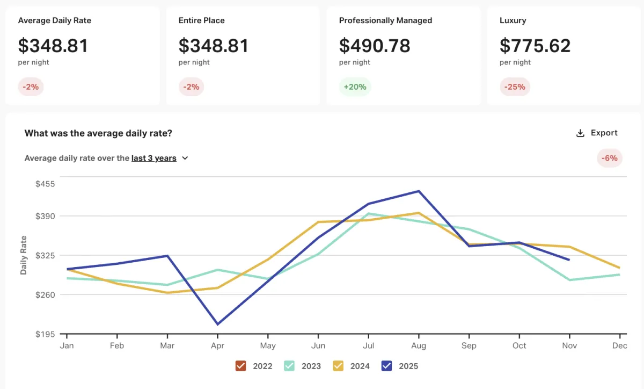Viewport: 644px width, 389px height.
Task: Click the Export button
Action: point(596,133)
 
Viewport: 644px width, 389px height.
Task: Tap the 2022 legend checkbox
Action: point(240,366)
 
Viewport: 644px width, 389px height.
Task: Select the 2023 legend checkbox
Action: point(289,366)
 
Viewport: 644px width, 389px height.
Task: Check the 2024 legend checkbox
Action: point(338,366)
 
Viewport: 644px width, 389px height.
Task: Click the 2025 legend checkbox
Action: point(386,366)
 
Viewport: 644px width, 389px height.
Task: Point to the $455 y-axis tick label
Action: point(45,184)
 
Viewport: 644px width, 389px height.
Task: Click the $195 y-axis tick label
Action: point(45,334)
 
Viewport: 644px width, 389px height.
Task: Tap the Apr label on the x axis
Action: point(217,346)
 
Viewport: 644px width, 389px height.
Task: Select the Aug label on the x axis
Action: point(419,346)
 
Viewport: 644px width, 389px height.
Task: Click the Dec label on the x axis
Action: point(619,346)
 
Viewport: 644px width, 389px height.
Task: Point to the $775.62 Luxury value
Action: point(535,46)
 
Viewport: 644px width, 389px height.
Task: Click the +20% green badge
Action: point(355,87)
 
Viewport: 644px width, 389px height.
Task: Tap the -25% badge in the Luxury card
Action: point(515,87)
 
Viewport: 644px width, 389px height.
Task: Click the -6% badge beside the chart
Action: point(609,159)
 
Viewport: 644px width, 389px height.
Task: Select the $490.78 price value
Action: point(375,46)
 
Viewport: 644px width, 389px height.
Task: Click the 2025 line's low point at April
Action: point(218,325)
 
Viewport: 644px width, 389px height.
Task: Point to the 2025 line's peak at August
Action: point(419,191)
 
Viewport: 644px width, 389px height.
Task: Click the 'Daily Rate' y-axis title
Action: point(24,255)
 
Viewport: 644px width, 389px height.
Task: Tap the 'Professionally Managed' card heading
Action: point(385,20)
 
